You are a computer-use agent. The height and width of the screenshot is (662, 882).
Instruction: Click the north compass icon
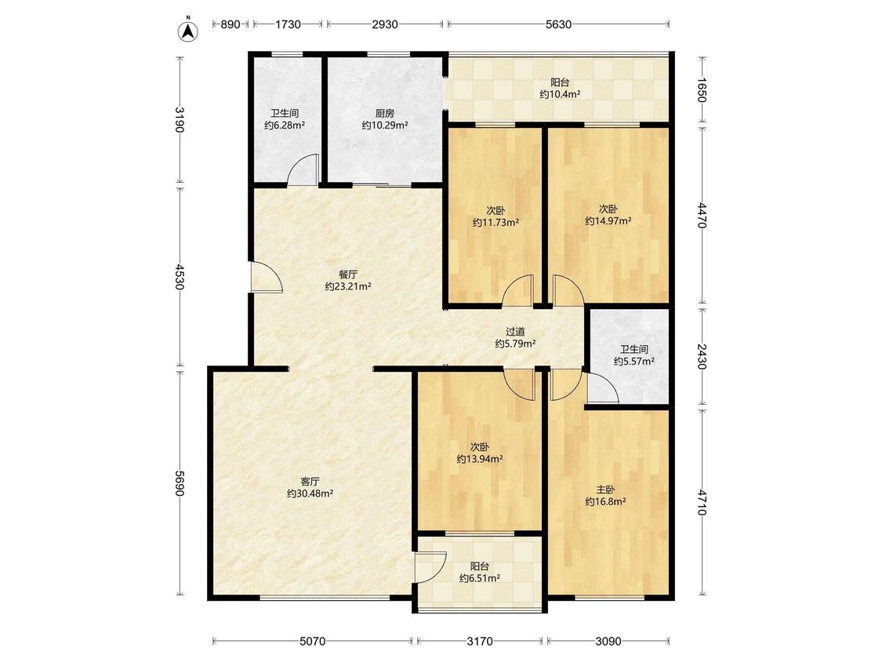tap(189, 31)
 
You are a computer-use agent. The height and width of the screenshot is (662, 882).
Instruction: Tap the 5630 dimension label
tap(558, 24)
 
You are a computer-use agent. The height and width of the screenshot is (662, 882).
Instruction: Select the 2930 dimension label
tap(385, 24)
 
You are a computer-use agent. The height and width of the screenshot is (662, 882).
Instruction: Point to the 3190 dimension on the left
tap(180, 119)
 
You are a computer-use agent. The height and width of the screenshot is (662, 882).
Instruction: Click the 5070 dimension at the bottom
tap(312, 641)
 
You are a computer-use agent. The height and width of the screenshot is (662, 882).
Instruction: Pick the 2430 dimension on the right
tap(702, 356)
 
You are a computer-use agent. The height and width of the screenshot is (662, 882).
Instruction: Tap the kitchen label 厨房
tap(385, 113)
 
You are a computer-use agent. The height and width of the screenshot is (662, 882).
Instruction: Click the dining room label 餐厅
tap(347, 275)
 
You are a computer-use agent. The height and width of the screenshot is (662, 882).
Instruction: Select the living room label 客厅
tap(310, 482)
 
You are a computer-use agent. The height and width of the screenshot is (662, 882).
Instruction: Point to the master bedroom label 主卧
tap(606, 489)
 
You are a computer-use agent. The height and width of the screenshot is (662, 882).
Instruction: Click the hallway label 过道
tap(515, 332)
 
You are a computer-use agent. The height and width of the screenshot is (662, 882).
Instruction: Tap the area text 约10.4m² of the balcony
tap(561, 95)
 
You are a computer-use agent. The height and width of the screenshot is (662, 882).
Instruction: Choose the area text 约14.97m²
tap(608, 220)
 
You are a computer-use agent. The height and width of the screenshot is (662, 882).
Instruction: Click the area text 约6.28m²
tap(285, 125)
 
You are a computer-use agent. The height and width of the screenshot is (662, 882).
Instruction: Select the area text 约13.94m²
tap(480, 459)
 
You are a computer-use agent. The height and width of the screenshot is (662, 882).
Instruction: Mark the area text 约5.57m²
tap(634, 361)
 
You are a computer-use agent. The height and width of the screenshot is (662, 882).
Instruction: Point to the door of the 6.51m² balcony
tap(431, 567)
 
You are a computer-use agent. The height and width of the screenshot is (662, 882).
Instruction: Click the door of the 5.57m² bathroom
tap(602, 388)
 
